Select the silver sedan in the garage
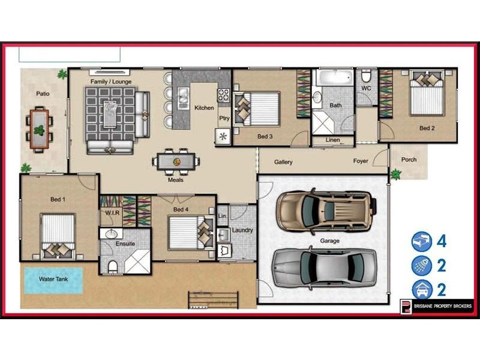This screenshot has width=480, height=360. pos(325,266)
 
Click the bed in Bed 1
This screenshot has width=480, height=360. pos(58,236)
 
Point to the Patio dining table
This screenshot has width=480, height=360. pos(38,128)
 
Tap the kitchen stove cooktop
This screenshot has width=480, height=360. pos(223,95)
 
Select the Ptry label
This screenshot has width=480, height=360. pos(224,118)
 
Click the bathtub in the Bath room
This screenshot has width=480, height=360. pos(334,78)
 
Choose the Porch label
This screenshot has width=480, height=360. pos(409,160)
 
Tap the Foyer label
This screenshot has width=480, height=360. pos(361,161)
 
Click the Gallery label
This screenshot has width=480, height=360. pos(283,162)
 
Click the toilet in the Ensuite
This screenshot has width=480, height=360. pos(112,265)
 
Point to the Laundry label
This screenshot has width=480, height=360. pos(242,230)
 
